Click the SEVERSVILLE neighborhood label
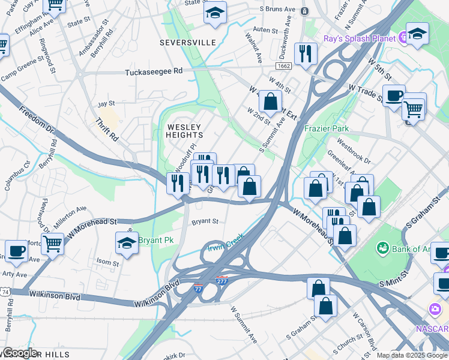pyautogui.click(x=187, y=43)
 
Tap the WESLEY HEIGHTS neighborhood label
pyautogui.click(x=185, y=131)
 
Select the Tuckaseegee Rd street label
pyautogui.click(x=153, y=71)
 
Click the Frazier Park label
pyautogui.click(x=326, y=128)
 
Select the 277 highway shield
pyautogui.click(x=221, y=280)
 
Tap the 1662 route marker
pyautogui.click(x=284, y=65)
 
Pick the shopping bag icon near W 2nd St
pyautogui.click(x=271, y=100)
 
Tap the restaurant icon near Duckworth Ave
pyautogui.click(x=306, y=53)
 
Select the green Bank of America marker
pyautogui.click(x=382, y=247)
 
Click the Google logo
pyautogui.click(x=20, y=353)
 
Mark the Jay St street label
pyautogui.click(x=106, y=104)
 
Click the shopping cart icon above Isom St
pyautogui.click(x=53, y=244)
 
